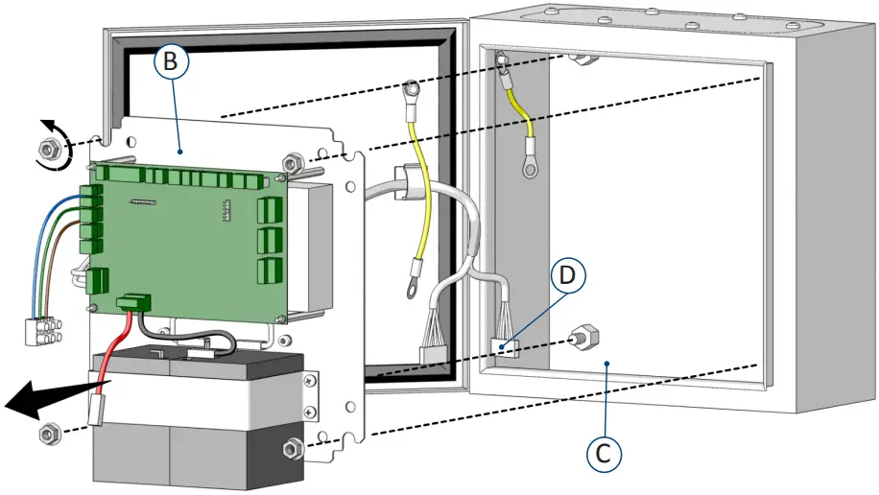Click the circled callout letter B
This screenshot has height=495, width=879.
(x=171, y=62)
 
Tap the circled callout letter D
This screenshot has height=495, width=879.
(x=569, y=276)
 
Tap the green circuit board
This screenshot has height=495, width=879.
(x=182, y=240)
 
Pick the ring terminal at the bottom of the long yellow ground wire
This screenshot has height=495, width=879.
(x=412, y=284)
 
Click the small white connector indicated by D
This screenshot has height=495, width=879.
(x=505, y=346)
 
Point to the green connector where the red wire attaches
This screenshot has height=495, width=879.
(x=134, y=304)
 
